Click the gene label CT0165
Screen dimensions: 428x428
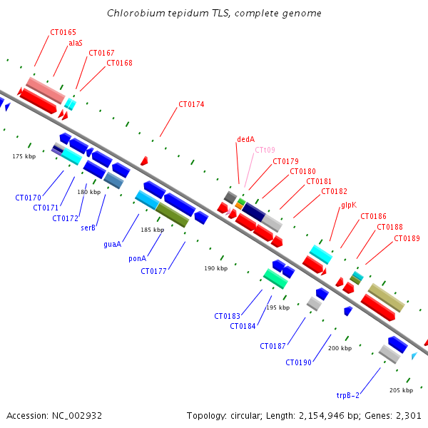coord(63,32)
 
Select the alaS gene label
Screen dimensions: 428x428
coord(76,43)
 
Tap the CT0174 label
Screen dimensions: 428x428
coord(191,104)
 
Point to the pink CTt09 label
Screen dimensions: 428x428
coord(265,150)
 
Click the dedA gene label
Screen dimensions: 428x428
coord(245,139)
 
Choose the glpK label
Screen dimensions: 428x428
coord(349,205)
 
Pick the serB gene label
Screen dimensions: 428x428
coord(88,228)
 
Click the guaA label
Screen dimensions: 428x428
coord(113,244)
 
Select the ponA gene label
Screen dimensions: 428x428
coord(137,258)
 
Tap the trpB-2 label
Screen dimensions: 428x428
coord(348,395)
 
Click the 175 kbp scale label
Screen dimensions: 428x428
coord(24,156)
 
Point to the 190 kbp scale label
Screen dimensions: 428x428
coord(216,268)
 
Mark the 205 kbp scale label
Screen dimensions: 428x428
coord(401,390)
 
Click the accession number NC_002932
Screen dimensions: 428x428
coord(77,416)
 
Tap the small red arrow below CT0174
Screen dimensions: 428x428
coord(144,160)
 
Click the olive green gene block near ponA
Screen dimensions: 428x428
coord(172,215)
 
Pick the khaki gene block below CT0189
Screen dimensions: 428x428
coord(386,297)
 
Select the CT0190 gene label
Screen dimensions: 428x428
coord(298,362)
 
